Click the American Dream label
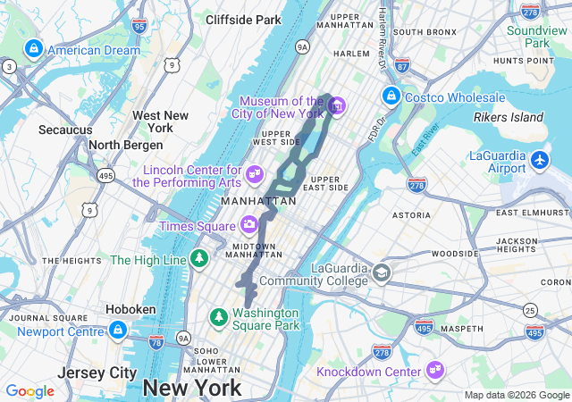[93, 50]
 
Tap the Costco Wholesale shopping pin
[390, 96]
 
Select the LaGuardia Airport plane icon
[540, 160]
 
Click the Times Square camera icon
[249, 223]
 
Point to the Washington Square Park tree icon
[218, 316]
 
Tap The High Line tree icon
[199, 260]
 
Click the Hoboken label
[130, 309]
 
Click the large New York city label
[191, 388]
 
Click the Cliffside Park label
[243, 19]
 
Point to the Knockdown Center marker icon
[435, 368]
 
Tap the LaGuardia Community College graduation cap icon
[382, 272]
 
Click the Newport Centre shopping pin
[117, 331]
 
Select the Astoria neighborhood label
[411, 214]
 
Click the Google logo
[29, 391]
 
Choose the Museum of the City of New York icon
[336, 107]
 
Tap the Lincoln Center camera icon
[255, 172]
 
